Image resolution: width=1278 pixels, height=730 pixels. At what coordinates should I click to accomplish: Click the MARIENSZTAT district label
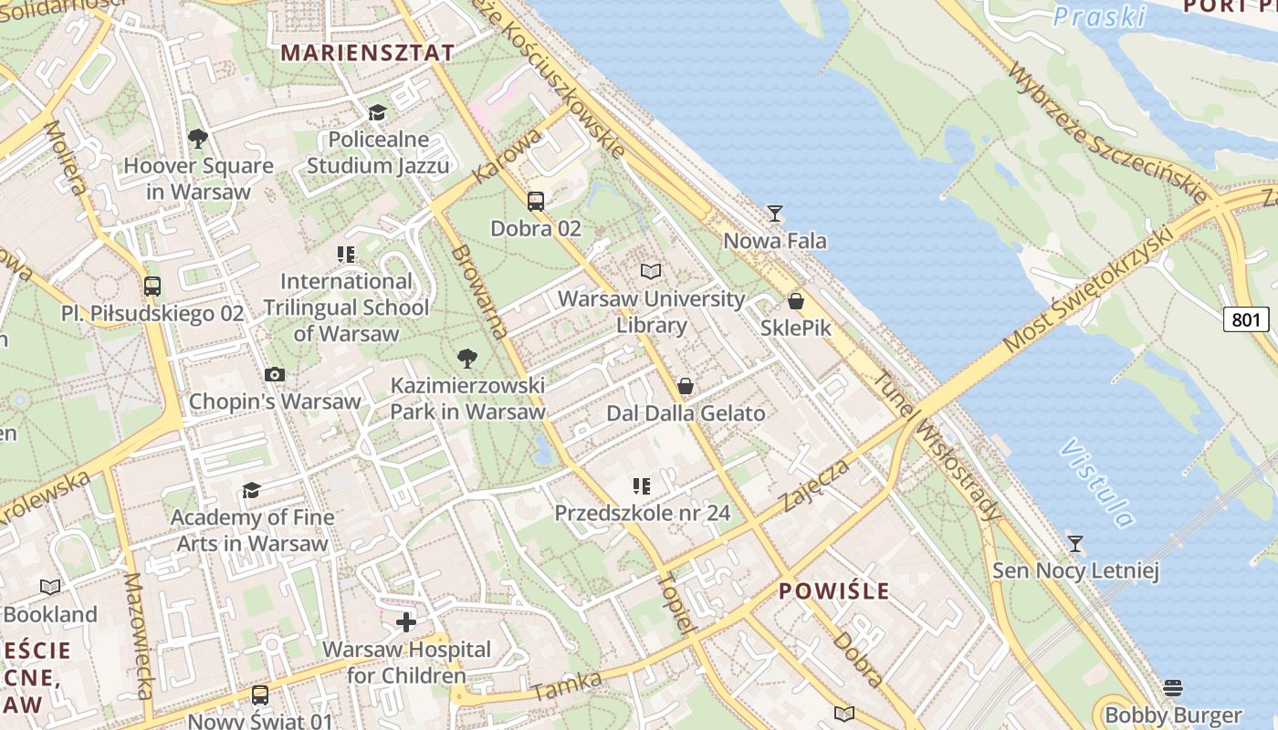tap(367, 52)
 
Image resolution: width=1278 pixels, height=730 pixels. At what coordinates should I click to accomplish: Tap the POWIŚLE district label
tap(833, 590)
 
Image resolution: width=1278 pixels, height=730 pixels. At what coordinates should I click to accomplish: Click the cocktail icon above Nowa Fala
tap(775, 214)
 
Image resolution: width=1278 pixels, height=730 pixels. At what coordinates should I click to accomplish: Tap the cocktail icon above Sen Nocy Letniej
tap(1075, 544)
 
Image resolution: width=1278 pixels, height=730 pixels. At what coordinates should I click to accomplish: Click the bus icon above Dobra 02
tap(536, 202)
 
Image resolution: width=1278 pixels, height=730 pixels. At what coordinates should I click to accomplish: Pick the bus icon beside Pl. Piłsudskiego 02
tap(152, 286)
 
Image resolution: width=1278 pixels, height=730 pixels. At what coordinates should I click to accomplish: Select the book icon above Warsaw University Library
tap(650, 271)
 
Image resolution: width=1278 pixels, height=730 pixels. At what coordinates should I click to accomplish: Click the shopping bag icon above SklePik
tap(796, 300)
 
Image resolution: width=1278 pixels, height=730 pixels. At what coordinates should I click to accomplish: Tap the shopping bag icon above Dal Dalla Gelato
tap(686, 386)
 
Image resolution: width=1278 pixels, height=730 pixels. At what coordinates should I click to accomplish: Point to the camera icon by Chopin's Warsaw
tap(274, 374)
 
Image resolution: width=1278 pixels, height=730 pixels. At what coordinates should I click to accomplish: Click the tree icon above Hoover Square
tap(197, 139)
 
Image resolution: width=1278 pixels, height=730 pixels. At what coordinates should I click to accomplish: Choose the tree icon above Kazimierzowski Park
tap(467, 358)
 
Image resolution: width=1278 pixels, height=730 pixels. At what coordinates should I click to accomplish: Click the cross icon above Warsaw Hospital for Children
tap(406, 622)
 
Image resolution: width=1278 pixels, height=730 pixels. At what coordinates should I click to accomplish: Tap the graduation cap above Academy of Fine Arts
tap(251, 491)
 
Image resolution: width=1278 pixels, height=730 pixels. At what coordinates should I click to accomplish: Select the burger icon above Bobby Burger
tap(1173, 687)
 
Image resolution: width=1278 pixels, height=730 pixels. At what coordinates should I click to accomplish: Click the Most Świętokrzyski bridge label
tap(1087, 290)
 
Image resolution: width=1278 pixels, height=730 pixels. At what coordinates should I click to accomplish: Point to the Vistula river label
tap(1097, 483)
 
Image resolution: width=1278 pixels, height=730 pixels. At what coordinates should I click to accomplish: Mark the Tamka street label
tap(567, 687)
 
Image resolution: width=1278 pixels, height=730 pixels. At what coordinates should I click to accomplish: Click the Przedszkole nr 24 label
tap(643, 513)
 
